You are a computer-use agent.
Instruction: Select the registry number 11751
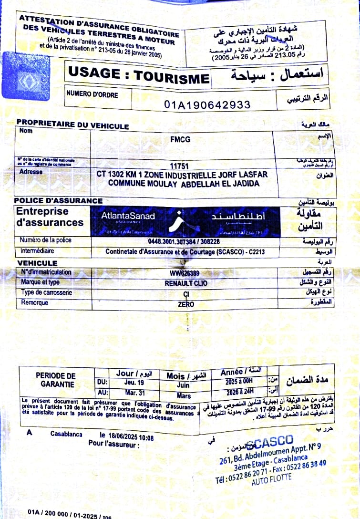pyautogui.click(x=180, y=166)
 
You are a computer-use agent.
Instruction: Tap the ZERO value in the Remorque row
pyautogui.click(x=186, y=304)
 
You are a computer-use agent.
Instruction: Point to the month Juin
pyautogui.click(x=183, y=384)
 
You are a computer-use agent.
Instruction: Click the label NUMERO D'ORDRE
pyautogui.click(x=92, y=94)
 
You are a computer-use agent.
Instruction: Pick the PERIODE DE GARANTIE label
pyautogui.click(x=56, y=380)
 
